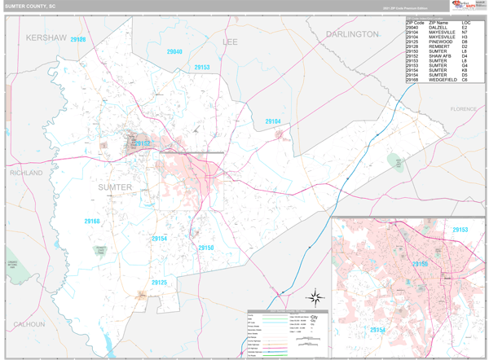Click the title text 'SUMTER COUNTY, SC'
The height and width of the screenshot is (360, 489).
click(31, 6)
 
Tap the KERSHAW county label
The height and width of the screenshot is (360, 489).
click(45, 37)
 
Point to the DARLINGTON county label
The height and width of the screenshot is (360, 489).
click(352, 35)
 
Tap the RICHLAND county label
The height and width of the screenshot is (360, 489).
click(25, 173)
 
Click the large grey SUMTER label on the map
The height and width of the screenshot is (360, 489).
click(115, 187)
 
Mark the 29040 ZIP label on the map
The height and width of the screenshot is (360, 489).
click(174, 52)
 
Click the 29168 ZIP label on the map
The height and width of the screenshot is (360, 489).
click(91, 222)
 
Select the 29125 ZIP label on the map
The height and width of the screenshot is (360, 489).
click(159, 283)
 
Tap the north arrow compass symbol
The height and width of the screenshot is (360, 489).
click(316, 298)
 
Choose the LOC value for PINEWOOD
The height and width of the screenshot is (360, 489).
click(465, 42)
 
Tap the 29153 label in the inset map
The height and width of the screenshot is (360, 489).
click(460, 230)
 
